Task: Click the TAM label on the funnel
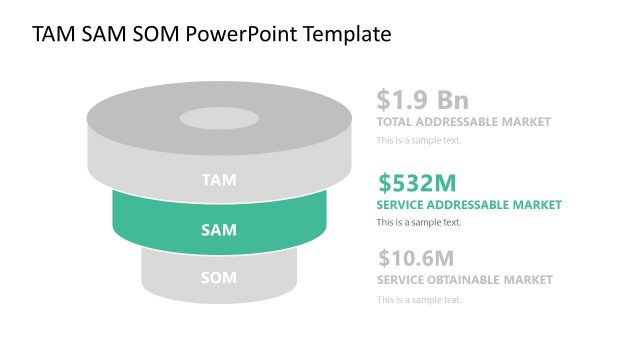point(219,181)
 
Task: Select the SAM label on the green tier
point(219,230)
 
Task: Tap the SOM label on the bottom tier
point(219,276)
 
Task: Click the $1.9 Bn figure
point(422,100)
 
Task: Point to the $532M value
point(417,183)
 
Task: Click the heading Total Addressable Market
point(463,122)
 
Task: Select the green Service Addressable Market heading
point(469,205)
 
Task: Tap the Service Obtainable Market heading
point(464,280)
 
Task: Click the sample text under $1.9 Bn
point(419,140)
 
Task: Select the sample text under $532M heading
point(419,222)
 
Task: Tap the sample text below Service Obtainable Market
point(419,298)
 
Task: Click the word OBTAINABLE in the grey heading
point(469,280)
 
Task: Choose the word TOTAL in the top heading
point(396,122)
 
